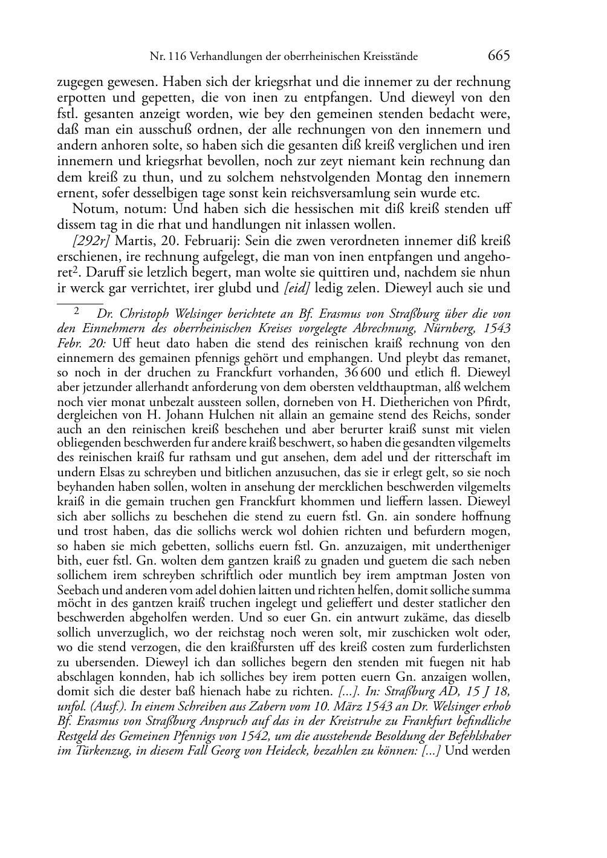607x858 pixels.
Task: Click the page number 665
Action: click(x=499, y=56)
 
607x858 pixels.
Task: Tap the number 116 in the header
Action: click(x=178, y=57)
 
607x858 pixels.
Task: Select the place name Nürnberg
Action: click(x=449, y=329)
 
